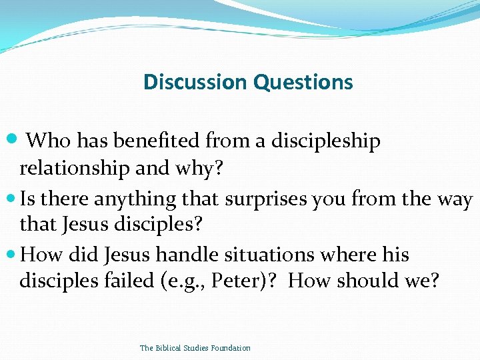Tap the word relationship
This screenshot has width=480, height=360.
point(75,169)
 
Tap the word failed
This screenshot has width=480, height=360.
point(133,281)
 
